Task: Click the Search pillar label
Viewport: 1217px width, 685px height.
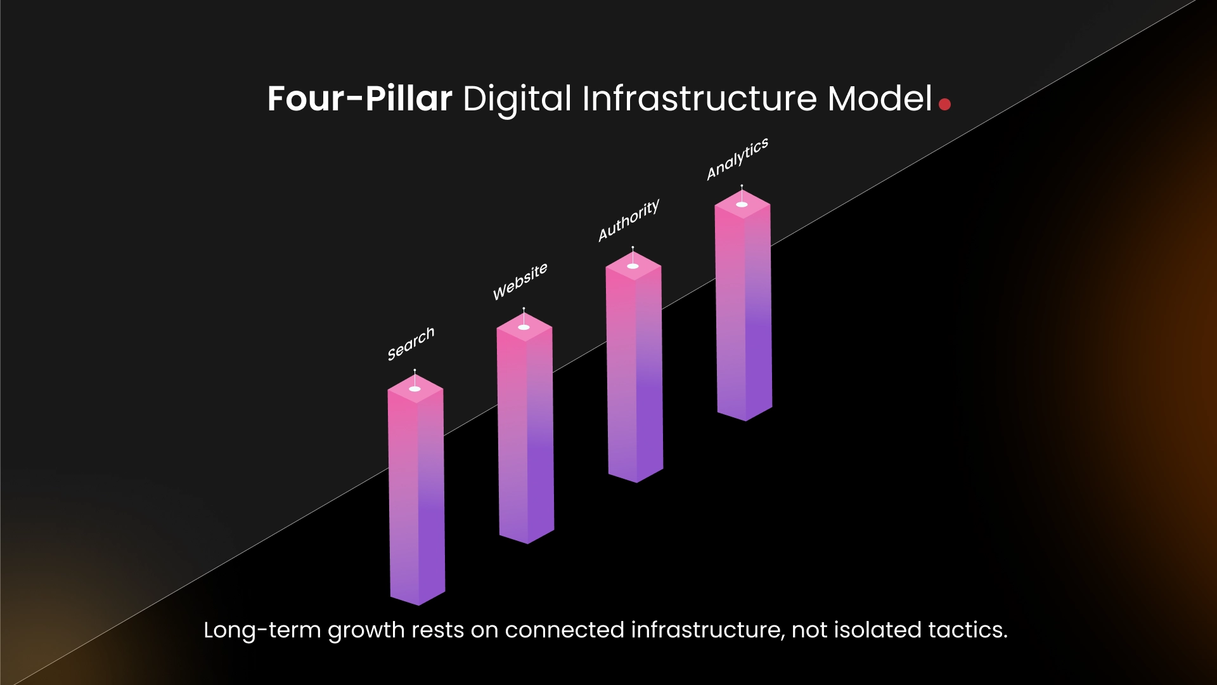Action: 411,343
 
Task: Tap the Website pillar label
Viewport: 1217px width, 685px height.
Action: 520,281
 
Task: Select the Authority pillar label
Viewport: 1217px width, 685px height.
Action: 629,219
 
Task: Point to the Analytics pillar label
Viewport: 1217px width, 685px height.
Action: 737,159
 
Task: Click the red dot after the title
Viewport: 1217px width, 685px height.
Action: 944,104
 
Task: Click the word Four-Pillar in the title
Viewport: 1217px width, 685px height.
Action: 359,99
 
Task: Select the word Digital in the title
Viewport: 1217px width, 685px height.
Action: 517,99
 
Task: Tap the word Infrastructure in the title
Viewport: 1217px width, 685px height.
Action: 699,99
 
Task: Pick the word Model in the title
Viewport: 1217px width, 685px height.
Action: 880,99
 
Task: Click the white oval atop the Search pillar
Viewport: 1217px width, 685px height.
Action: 415,389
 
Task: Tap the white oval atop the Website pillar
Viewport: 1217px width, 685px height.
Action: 524,327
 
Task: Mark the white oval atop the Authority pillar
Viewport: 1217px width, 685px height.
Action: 633,266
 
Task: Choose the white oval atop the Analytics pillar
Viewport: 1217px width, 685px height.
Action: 742,204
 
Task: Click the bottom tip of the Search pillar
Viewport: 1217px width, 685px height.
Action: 418,604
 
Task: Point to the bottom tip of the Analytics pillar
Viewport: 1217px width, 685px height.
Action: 745,419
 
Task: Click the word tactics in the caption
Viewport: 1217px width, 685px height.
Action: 967,630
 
